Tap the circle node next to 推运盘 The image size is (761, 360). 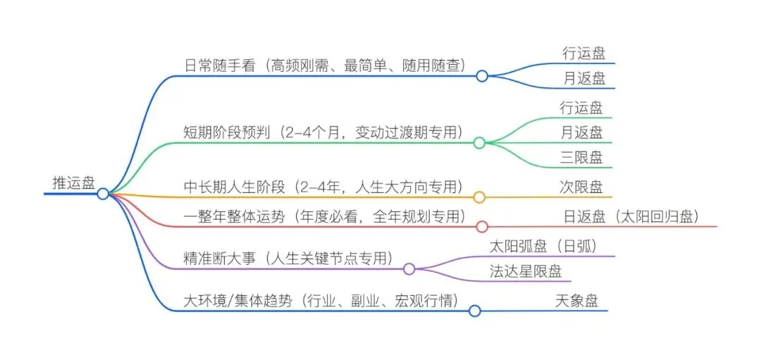(103, 193)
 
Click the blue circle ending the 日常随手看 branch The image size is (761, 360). (482, 75)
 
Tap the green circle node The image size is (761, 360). (479, 143)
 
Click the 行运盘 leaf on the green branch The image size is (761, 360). (581, 108)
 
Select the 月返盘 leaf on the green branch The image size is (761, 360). (581, 132)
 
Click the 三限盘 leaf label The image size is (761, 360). (581, 157)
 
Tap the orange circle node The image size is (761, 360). (479, 197)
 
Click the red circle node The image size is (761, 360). (482, 227)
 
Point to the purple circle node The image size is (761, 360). (409, 268)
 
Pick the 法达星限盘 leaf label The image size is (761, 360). (525, 271)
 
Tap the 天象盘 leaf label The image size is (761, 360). (577, 302)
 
